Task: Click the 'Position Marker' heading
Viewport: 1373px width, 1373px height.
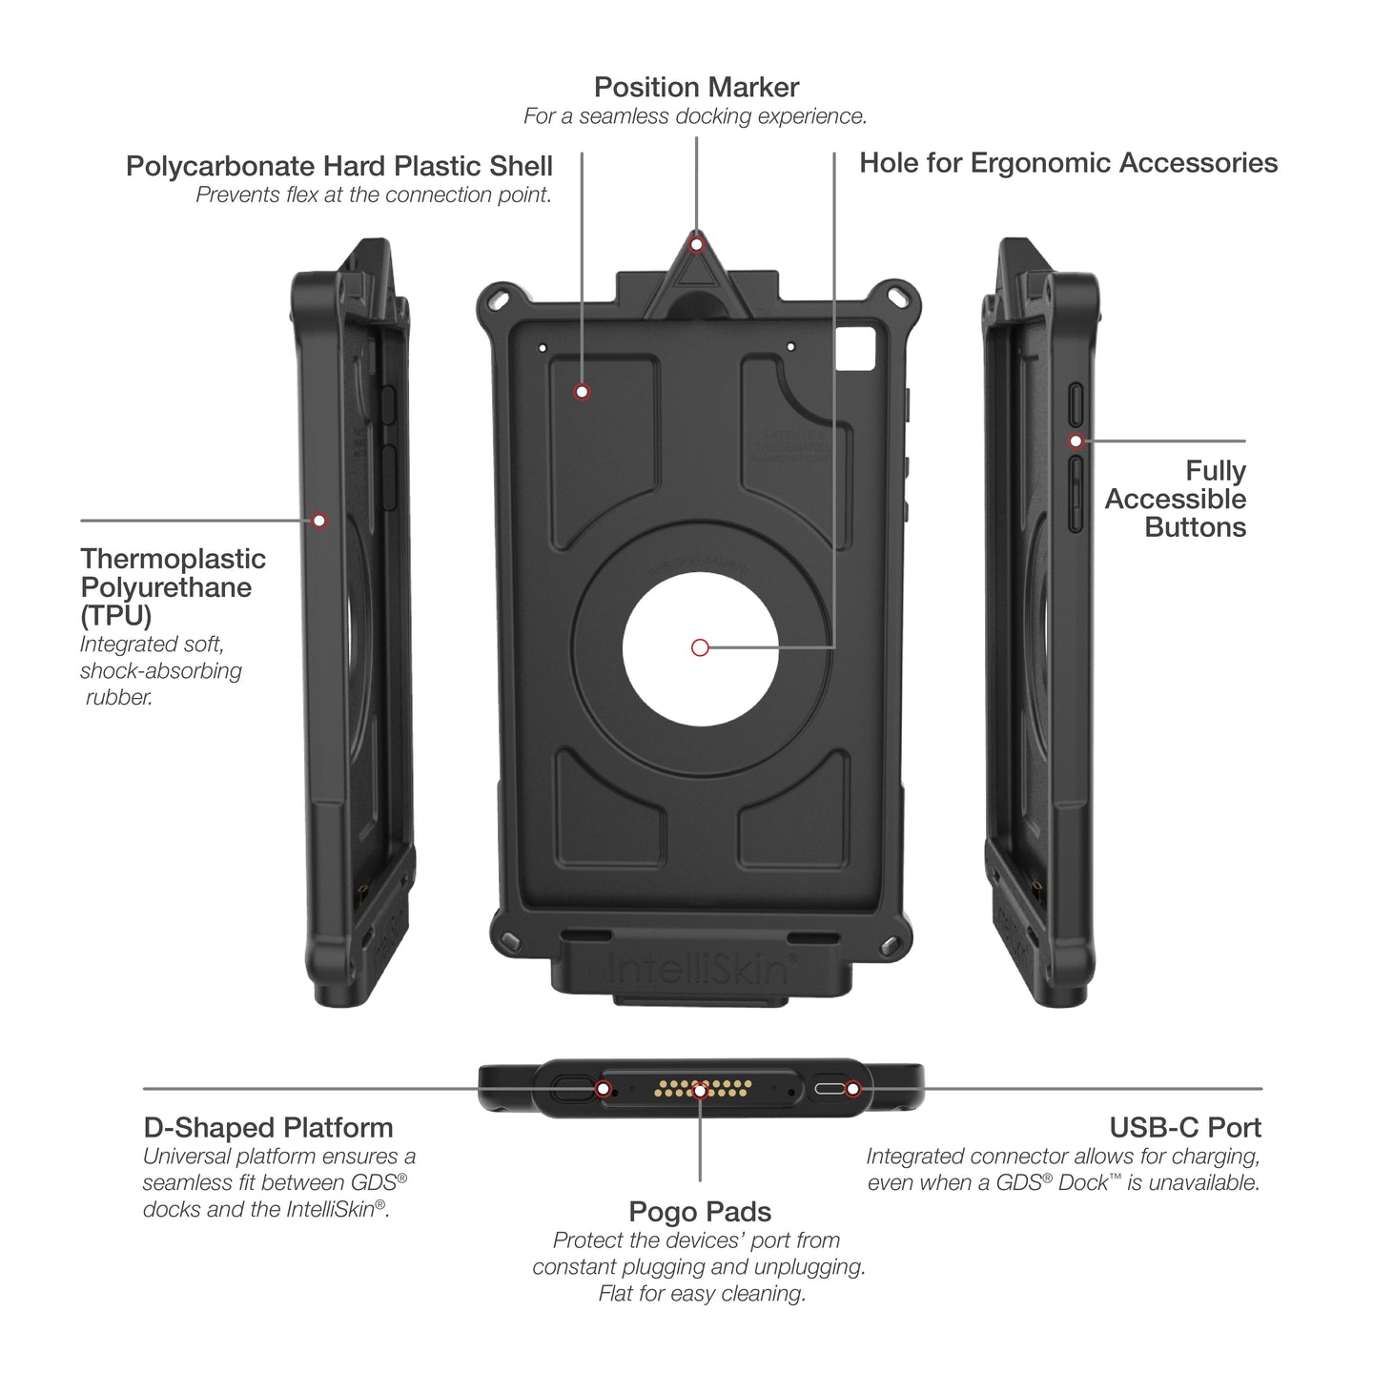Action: [x=696, y=88]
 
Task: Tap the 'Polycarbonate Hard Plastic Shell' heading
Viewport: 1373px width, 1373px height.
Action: [x=339, y=166]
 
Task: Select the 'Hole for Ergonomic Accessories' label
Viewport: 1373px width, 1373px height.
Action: [x=1068, y=163]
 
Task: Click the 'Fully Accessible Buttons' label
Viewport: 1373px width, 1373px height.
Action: [x=1176, y=499]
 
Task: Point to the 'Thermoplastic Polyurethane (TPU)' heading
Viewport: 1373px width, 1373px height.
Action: [x=173, y=586]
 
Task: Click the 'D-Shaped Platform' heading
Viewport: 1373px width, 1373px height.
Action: [x=268, y=1128]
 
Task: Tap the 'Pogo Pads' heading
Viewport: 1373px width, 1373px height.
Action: [x=700, y=1212]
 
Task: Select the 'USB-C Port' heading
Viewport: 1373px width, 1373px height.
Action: [x=1185, y=1128]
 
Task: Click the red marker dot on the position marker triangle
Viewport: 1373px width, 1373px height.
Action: [x=697, y=245]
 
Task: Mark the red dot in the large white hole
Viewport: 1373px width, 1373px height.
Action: [x=700, y=648]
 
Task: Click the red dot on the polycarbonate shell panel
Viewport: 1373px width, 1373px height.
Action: [x=582, y=392]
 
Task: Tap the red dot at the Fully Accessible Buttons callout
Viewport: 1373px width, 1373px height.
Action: [x=1076, y=441]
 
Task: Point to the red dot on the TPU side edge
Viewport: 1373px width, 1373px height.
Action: [x=319, y=521]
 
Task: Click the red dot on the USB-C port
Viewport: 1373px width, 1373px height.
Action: [x=853, y=1089]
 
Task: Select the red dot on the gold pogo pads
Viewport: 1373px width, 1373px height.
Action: [x=700, y=1089]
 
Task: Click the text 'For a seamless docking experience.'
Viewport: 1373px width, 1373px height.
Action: [x=695, y=116]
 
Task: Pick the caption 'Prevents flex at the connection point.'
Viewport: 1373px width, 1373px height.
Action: [x=374, y=195]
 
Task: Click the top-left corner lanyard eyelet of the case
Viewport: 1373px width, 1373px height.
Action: [x=497, y=299]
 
